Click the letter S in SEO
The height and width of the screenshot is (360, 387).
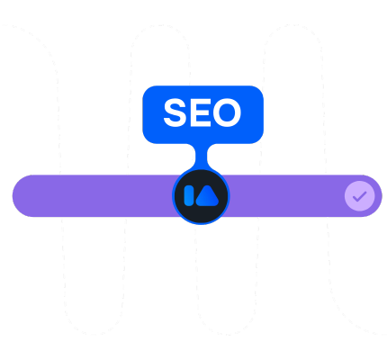[175, 112]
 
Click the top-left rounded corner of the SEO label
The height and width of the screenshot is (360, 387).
[147, 90]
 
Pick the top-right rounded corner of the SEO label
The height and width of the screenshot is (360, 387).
[259, 90]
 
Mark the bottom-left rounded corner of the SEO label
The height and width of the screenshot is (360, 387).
[147, 139]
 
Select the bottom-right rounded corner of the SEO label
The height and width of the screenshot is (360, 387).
[259, 139]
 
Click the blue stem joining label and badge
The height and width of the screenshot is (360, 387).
[201, 156]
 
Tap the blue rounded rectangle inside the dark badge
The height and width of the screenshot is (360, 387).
[189, 195]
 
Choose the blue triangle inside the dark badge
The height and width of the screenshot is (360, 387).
[208, 196]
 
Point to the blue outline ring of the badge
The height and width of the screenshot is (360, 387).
[201, 223]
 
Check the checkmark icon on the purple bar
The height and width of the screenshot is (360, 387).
[360, 196]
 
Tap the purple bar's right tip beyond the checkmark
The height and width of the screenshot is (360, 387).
[379, 196]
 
